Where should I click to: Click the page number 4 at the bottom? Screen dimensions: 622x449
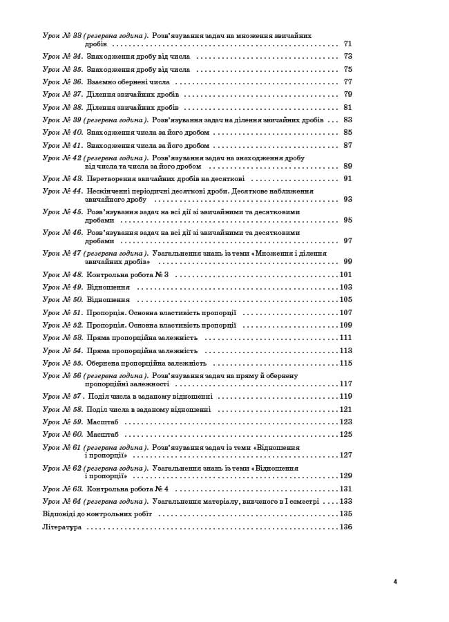point(395,581)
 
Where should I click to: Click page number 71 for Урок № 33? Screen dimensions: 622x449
point(347,44)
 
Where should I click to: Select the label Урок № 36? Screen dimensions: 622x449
point(63,82)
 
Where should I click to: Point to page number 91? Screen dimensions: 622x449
point(347,178)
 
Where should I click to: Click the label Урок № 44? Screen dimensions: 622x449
point(63,191)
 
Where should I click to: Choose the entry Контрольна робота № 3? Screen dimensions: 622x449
point(127,274)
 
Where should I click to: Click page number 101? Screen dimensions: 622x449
point(346,274)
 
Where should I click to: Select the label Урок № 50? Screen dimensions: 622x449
point(63,300)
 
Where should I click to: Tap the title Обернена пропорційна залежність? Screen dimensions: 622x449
point(146,363)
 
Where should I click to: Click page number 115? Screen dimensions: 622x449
point(346,363)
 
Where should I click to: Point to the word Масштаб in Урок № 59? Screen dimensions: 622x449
point(102,422)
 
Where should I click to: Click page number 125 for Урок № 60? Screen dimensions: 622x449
point(346,434)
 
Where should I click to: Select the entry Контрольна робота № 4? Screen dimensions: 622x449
point(127,489)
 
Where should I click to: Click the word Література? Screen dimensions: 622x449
point(62,527)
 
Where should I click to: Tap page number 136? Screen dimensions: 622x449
point(346,527)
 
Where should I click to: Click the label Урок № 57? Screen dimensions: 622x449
point(63,397)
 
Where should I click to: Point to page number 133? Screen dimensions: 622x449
point(346,501)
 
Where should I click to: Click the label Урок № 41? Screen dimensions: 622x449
point(63,145)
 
